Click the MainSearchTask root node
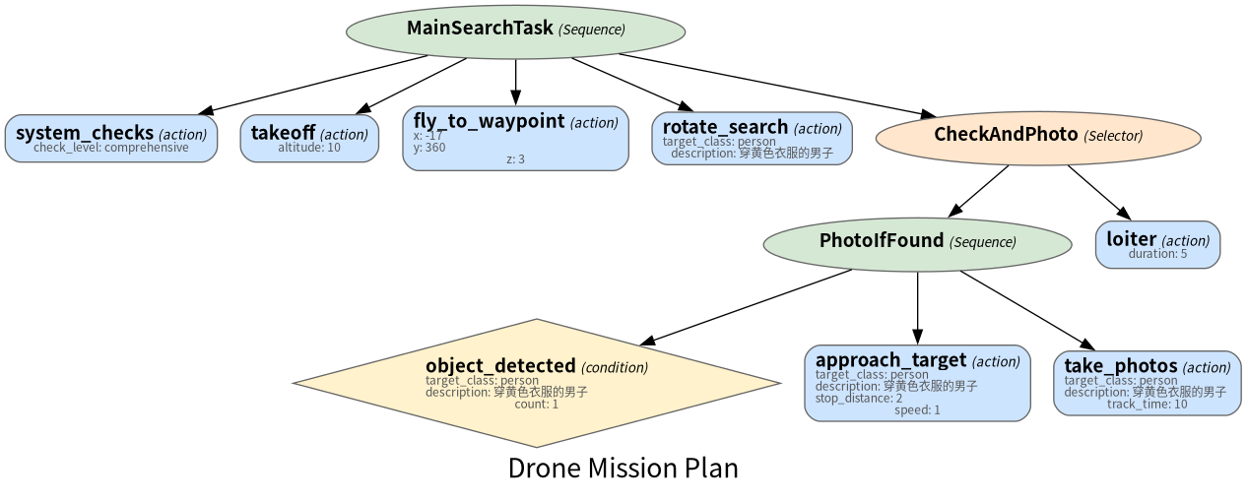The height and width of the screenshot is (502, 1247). tap(515, 31)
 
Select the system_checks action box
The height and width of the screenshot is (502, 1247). tap(111, 139)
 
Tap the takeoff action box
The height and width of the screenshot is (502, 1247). tap(309, 139)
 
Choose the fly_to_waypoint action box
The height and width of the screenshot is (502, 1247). tap(515, 139)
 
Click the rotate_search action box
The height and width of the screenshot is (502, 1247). tap(753, 139)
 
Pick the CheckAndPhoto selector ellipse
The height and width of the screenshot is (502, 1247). tap(1038, 138)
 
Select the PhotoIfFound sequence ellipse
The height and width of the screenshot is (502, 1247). tap(917, 245)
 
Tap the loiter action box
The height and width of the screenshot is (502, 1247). tap(1158, 245)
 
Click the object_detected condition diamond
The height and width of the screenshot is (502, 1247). tap(537, 383)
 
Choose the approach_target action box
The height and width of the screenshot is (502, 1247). tap(917, 383)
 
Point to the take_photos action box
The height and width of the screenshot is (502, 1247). tap(1148, 383)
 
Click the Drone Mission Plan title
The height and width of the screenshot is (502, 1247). tap(623, 469)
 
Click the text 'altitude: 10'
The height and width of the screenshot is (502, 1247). tap(309, 148)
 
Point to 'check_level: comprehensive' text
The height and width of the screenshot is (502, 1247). tap(111, 148)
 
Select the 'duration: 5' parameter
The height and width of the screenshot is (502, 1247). tap(1158, 254)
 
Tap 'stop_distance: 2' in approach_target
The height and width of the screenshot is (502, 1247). tap(859, 399)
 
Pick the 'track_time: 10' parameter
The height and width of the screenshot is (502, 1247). tap(1148, 404)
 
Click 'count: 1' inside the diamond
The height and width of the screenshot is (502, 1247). tap(536, 404)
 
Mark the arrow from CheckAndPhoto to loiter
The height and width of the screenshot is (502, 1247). tap(1099, 193)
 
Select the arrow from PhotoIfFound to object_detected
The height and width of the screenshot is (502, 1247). tap(745, 308)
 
